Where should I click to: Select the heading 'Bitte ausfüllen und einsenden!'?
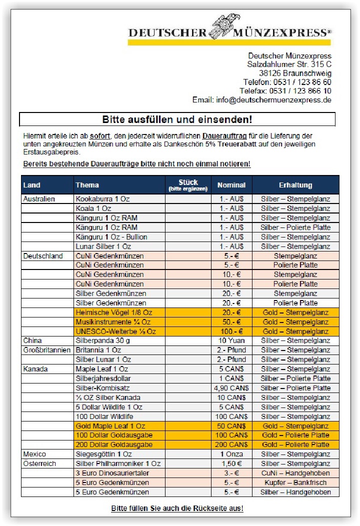[x=177, y=119]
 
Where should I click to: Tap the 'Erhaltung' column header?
[x=295, y=185]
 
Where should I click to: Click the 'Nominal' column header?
[x=231, y=185]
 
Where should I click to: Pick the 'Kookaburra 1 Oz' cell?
[x=102, y=199]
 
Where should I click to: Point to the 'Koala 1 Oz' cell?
[x=93, y=208]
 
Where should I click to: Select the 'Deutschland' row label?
[x=43, y=256]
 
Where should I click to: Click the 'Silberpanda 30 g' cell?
[x=102, y=340]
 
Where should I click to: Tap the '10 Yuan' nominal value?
[x=231, y=340]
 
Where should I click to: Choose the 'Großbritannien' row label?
[x=47, y=350]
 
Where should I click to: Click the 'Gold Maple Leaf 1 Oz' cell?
[x=110, y=426]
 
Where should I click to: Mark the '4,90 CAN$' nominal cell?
[x=231, y=388]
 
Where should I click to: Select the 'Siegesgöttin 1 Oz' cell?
[x=103, y=454]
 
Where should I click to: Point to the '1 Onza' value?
[x=231, y=454]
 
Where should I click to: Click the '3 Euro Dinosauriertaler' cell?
[x=112, y=473]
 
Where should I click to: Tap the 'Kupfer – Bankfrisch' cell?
[x=295, y=482]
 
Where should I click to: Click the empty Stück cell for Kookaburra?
[x=188, y=199]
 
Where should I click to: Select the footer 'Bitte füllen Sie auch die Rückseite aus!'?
[x=177, y=508]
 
